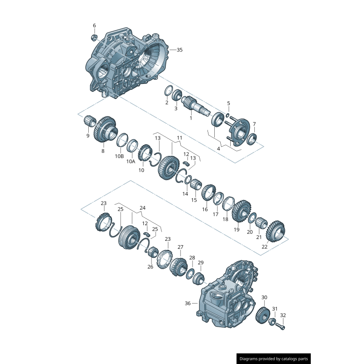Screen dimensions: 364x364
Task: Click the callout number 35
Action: (179, 50)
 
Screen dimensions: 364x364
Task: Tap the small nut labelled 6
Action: (94, 37)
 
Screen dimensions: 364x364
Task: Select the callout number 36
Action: (188, 303)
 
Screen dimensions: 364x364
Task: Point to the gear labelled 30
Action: (262, 315)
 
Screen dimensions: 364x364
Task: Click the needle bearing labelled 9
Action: (90, 121)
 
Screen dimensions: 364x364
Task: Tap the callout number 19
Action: (237, 230)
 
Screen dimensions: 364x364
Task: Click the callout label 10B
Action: (119, 156)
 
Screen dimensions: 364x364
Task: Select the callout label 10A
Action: (131, 161)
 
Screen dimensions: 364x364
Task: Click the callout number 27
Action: (181, 247)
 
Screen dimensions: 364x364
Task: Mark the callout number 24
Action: (142, 207)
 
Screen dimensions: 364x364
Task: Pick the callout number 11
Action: (179, 137)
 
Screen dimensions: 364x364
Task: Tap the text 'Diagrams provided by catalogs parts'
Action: (274, 359)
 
